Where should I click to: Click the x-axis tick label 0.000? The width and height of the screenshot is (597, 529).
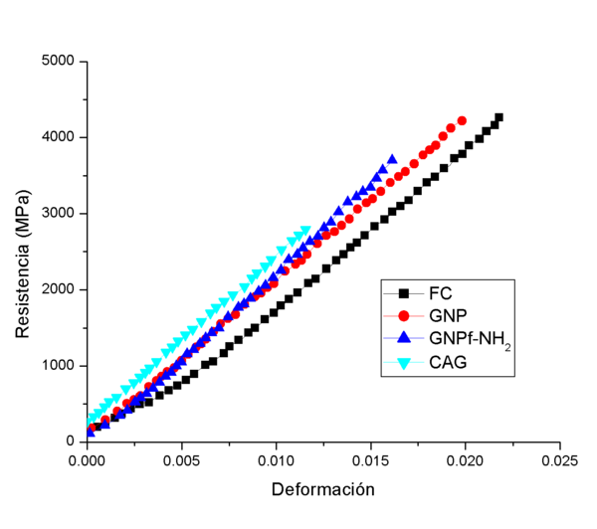pyautogui.click(x=88, y=461)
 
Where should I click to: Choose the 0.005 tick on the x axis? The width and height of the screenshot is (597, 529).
pyautogui.click(x=182, y=461)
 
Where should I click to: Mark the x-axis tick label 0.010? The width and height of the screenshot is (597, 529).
pyautogui.click(x=277, y=461)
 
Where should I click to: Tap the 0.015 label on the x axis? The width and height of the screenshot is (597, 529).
pyautogui.click(x=370, y=461)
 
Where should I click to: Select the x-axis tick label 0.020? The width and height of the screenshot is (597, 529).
pyautogui.click(x=465, y=461)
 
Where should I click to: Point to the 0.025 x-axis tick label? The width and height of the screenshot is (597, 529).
pyautogui.click(x=559, y=461)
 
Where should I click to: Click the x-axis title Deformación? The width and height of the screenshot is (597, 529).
pyautogui.click(x=322, y=490)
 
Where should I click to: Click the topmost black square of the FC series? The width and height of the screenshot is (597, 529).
pyautogui.click(x=498, y=117)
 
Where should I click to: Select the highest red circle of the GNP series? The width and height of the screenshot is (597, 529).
pyautogui.click(x=462, y=121)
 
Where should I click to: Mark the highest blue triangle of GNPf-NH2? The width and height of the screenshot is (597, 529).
pyautogui.click(x=392, y=159)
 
